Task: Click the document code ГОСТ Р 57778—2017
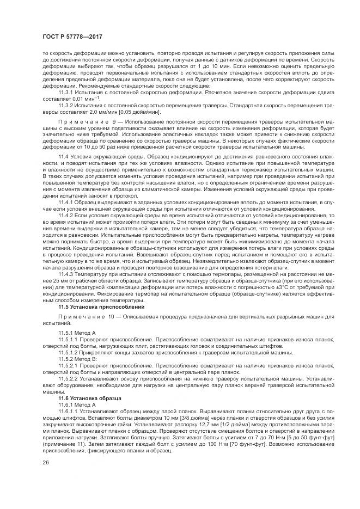69,36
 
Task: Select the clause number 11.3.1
65,92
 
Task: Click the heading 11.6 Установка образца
87,398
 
